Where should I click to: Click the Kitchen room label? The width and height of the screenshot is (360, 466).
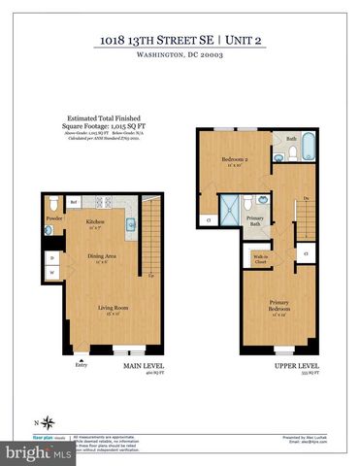tap(95, 222)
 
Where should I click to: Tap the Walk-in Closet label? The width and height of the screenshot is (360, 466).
tap(260, 260)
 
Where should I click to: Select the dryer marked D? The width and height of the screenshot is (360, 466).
tap(51, 257)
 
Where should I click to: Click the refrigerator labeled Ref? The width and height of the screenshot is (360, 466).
tap(74, 203)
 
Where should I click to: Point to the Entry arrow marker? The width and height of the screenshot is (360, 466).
tap(81, 364)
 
